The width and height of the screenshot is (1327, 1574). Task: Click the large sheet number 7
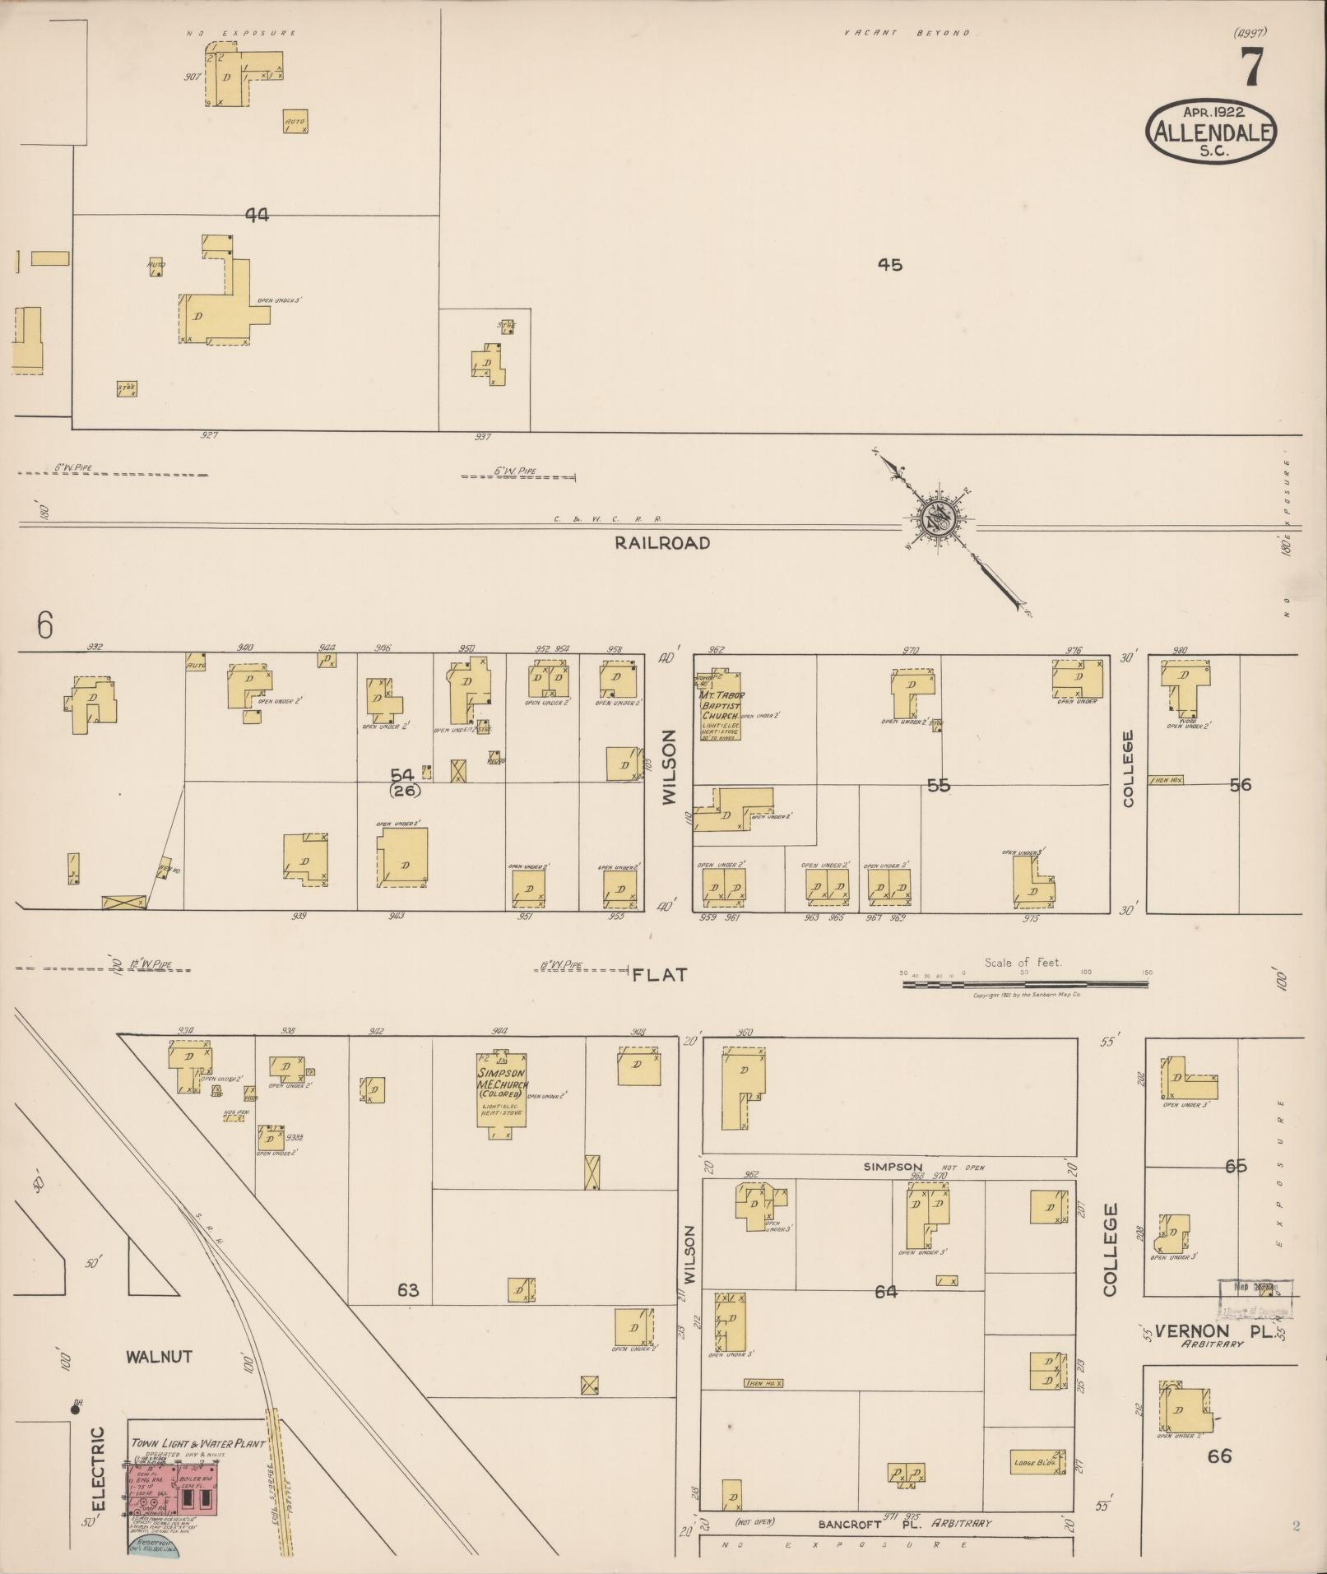pos(1251,67)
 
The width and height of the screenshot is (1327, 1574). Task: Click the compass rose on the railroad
pos(938,520)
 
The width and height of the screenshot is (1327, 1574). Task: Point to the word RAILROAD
pos(662,543)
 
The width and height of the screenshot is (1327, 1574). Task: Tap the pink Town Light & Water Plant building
pos(173,1489)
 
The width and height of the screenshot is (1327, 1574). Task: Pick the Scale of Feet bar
pos(1027,983)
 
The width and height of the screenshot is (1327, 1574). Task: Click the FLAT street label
pos(659,975)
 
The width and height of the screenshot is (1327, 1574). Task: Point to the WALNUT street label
pos(160,1356)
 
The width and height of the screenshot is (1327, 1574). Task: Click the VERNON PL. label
pos(1214,1330)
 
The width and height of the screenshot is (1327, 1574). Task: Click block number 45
pos(889,265)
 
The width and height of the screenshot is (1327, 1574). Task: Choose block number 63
pos(408,1290)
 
